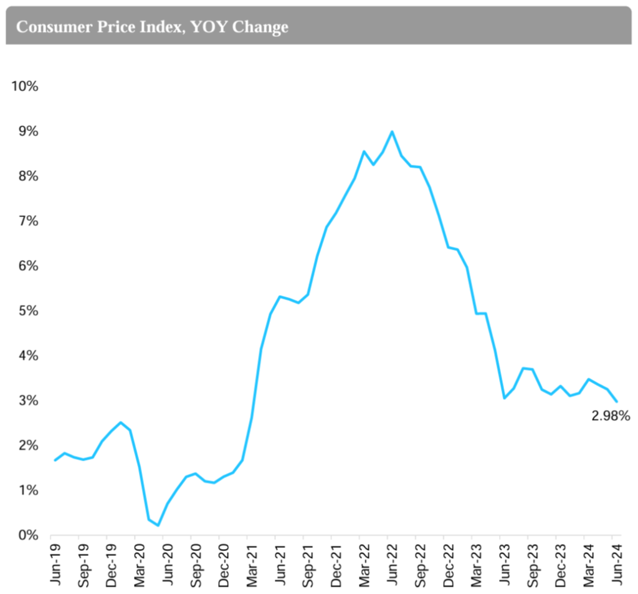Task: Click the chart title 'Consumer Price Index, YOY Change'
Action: pos(152,27)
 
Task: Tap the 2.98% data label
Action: pos(611,415)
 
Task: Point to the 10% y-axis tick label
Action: pos(25,86)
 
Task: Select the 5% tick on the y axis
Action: pos(27,311)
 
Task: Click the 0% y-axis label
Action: pos(27,535)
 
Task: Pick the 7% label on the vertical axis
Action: pos(27,221)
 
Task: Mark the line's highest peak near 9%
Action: pos(391,132)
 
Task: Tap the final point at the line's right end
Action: pos(616,401)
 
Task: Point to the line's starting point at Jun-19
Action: pos(55,460)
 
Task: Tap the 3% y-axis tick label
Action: pos(27,401)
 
